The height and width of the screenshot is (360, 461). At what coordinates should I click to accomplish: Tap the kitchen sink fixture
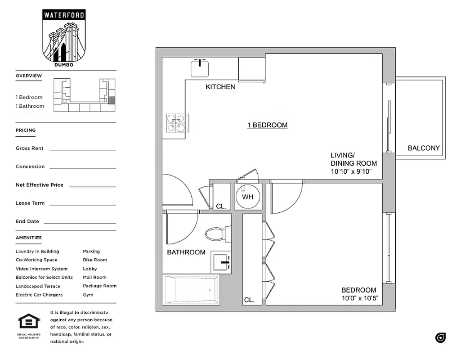coord(200,68)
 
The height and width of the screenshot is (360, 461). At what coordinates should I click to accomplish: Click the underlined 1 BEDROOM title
coord(267,125)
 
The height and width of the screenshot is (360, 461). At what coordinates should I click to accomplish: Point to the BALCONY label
coord(424,148)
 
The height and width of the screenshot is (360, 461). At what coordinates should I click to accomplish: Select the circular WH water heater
coord(247,197)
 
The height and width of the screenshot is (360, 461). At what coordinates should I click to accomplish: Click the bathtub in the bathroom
coord(192,290)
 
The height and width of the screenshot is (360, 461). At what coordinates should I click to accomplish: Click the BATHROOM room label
coord(186,252)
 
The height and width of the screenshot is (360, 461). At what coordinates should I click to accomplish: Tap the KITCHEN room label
coord(220,87)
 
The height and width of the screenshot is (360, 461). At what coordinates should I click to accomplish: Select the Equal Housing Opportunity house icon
coord(29,322)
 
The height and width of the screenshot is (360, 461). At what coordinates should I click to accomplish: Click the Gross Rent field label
coord(30,148)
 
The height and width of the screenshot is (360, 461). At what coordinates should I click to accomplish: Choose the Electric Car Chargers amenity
coord(39,295)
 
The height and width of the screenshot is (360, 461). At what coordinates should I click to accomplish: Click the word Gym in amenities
coord(88,295)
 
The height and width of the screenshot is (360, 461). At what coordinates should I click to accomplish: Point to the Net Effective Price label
coord(40,185)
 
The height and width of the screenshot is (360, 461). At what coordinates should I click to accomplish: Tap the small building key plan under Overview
coord(85,95)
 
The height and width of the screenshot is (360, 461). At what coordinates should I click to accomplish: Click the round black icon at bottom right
coord(440,337)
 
